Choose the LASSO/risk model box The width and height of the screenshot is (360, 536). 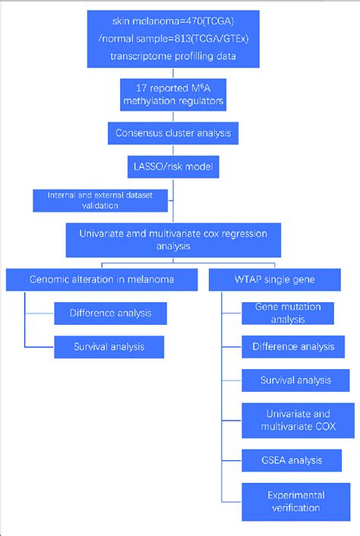click(175, 164)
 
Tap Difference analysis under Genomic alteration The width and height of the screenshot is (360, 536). click(110, 312)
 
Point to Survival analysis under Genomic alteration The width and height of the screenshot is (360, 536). click(110, 348)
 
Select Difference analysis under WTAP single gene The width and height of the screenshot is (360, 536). click(293, 347)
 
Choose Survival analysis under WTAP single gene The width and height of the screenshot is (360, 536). click(293, 380)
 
